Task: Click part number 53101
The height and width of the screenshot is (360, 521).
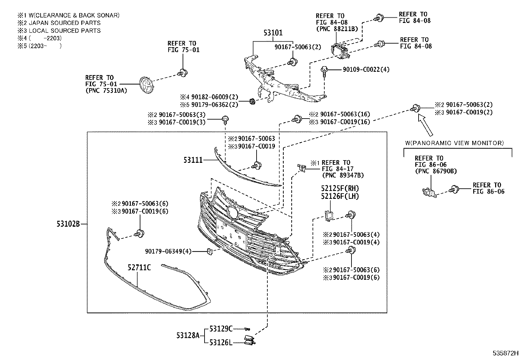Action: point(273,33)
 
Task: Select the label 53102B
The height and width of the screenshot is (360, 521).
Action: point(68,224)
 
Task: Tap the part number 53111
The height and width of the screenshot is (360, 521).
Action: point(193,160)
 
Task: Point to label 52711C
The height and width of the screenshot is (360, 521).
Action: point(139,268)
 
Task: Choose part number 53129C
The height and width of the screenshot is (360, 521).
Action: point(221,329)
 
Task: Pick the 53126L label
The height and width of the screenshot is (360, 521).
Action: point(221,343)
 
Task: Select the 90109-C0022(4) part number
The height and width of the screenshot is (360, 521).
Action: point(366,69)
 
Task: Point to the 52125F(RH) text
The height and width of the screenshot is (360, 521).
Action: point(340,189)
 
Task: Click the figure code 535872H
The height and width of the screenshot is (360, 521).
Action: point(506,353)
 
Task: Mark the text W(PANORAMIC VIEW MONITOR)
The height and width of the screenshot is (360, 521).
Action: point(454,143)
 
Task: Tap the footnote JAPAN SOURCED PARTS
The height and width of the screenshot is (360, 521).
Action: point(64,23)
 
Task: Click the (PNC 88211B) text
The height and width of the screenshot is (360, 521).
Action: point(337,29)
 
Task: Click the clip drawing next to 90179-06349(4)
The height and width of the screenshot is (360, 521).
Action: point(210,252)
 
